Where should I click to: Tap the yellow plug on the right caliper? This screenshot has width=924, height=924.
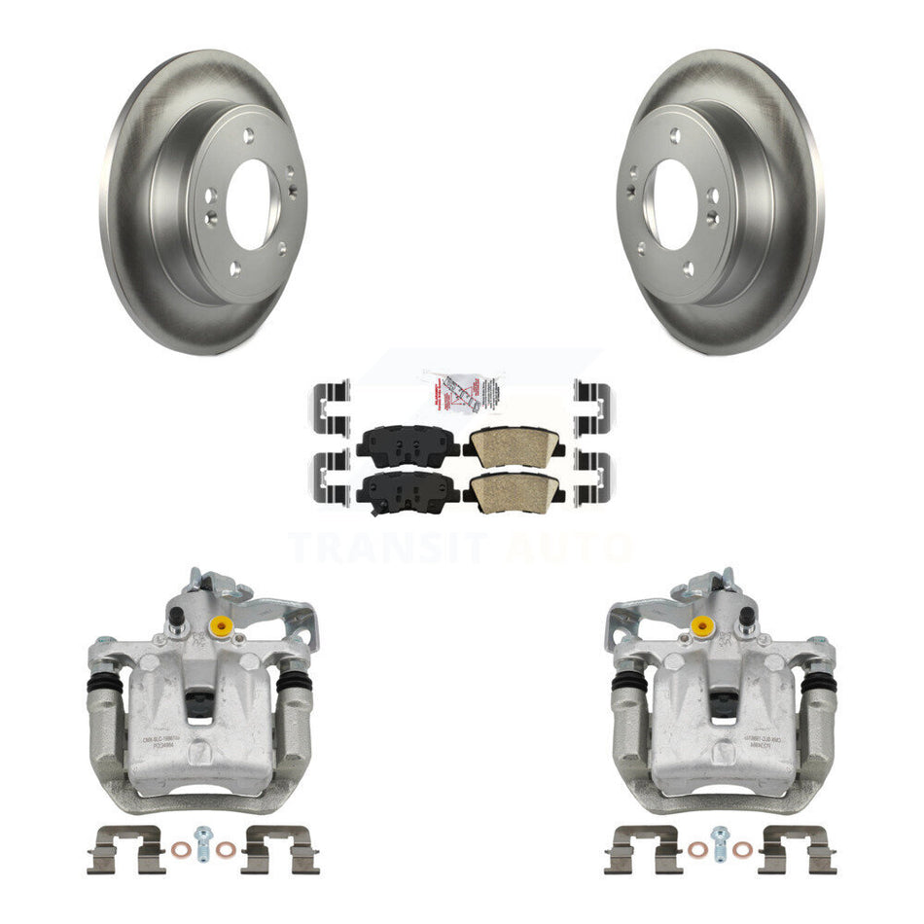pos(698,623)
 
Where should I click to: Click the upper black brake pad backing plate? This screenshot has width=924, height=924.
pos(408,444)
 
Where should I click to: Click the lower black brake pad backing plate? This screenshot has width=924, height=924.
pos(408,487)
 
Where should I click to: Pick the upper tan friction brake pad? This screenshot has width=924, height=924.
pos(513,445)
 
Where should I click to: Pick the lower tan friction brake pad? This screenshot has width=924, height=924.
pos(513,488)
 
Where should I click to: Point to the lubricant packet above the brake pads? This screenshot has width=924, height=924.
pos(461,393)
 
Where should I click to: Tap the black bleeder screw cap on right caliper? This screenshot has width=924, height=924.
pos(746,616)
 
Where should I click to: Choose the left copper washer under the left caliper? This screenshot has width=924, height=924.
pos(180,849)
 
